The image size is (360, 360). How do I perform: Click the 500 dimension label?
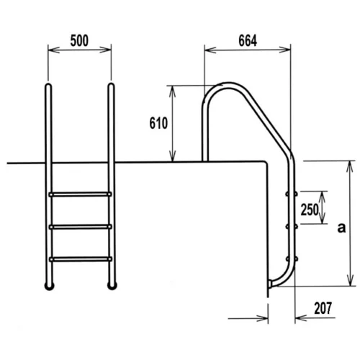(79, 40)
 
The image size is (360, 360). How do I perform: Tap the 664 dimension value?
(248, 40)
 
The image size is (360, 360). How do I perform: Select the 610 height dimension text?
(158, 123)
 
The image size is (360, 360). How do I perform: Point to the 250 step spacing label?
(310, 210)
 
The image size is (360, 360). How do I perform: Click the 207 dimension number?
(323, 308)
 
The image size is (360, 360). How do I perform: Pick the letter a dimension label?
(341, 228)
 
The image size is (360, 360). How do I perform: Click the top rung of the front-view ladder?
(80, 194)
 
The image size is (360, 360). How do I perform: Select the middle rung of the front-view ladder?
(81, 227)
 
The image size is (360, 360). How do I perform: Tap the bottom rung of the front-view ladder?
(81, 259)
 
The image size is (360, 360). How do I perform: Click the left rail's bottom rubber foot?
(50, 286)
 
